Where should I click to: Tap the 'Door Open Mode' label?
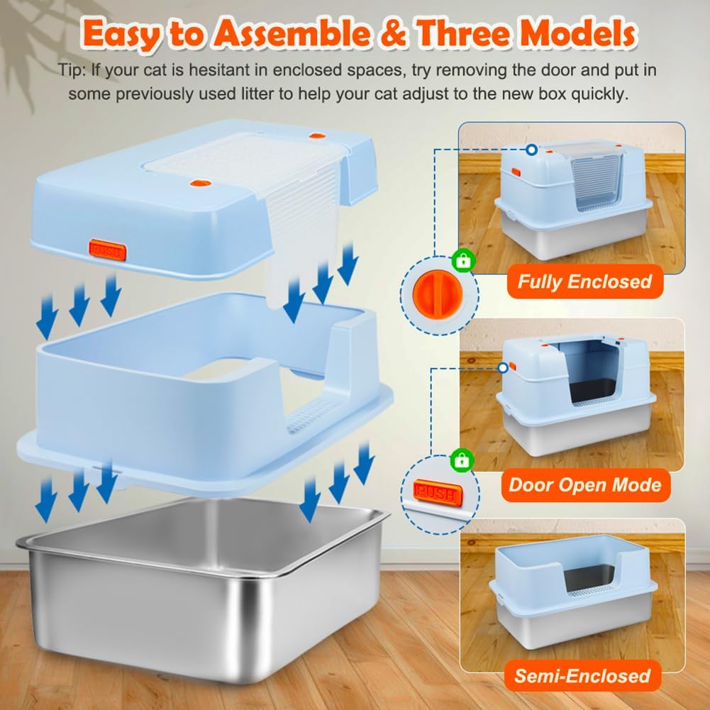(584, 485)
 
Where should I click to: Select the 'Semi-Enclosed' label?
(582, 676)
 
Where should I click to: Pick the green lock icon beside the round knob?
(463, 262)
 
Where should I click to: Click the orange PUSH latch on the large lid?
(107, 250)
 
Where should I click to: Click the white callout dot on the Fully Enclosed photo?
(531, 150)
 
